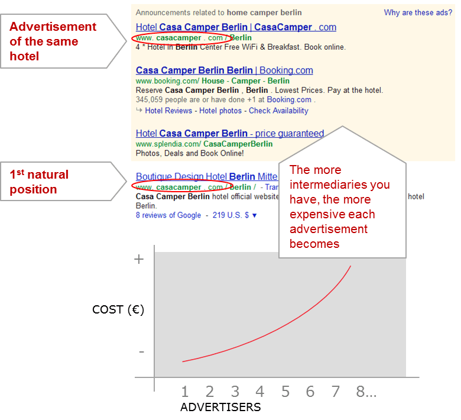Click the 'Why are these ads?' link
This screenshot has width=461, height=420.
tap(418, 12)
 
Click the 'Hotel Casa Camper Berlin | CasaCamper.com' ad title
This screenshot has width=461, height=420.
tap(236, 27)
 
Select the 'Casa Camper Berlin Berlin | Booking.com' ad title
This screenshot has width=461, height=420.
tap(224, 70)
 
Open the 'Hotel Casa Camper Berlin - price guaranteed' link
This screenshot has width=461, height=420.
tap(229, 134)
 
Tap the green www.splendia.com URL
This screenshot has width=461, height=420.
tap(204, 144)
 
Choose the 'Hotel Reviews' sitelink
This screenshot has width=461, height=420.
tap(168, 111)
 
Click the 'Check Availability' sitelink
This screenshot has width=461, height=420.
tap(278, 111)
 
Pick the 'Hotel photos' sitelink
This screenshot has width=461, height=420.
tap(220, 111)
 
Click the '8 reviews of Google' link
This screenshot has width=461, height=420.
tap(168, 215)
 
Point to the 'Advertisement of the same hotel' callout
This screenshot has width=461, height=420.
tap(53, 41)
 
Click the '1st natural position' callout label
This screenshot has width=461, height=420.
tap(39, 182)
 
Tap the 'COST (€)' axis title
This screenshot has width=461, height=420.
tap(118, 309)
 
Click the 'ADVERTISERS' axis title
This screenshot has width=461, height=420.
tap(220, 407)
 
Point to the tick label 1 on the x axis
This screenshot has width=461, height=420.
tap(185, 391)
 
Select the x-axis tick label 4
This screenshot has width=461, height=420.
tap(260, 391)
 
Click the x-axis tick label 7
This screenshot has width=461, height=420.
tap(335, 391)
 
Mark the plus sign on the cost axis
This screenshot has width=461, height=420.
tap(139, 259)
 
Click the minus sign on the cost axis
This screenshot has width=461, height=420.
tap(141, 352)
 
